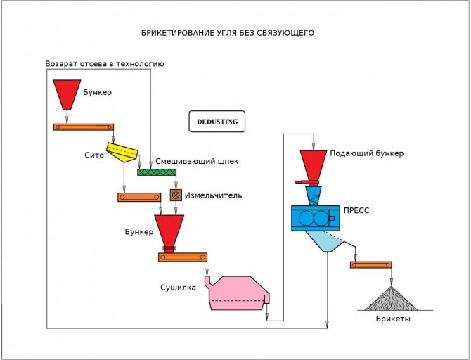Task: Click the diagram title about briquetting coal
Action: coord(227,33)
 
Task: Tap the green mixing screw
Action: coord(156,172)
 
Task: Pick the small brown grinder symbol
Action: coord(176,195)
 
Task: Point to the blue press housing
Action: coord(315,218)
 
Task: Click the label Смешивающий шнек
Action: coord(197,161)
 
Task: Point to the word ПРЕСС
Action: coord(356,210)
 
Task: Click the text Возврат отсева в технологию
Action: coord(104,63)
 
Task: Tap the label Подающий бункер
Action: coord(366,153)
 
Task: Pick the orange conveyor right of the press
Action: coord(370,264)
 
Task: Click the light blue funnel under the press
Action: coord(325,242)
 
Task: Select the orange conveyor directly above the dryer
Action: coord(182,257)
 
